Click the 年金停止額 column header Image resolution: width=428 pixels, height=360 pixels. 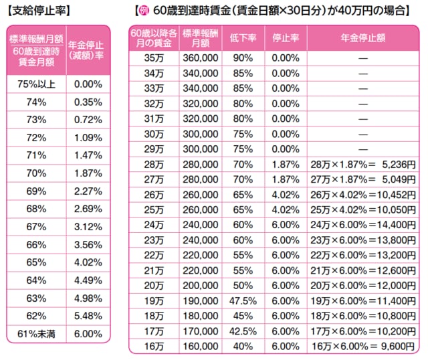click(x=362, y=37)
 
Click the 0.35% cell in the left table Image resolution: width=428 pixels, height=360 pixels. click(x=88, y=102)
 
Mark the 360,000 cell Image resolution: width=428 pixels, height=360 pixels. click(x=200, y=58)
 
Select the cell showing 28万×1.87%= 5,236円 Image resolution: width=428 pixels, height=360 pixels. click(x=362, y=163)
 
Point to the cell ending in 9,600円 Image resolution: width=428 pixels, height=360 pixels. click(x=362, y=346)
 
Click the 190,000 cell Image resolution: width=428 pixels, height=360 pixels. click(x=200, y=300)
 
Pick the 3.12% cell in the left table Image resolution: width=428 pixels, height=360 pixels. click(x=88, y=209)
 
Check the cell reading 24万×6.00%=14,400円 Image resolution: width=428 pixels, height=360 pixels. click(x=362, y=224)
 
